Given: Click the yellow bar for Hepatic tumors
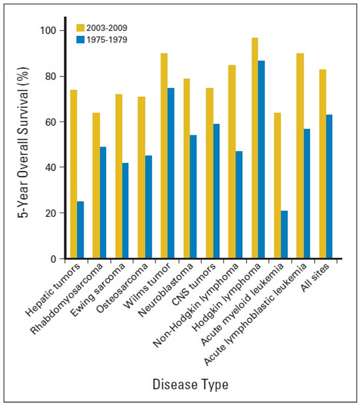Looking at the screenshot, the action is click(74, 174).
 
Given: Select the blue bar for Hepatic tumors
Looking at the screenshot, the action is click(81, 230).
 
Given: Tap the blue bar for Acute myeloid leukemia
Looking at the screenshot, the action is click(284, 234).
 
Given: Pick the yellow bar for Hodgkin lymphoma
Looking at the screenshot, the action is click(255, 148).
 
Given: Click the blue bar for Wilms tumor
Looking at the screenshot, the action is click(171, 173).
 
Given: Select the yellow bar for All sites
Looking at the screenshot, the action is click(323, 164).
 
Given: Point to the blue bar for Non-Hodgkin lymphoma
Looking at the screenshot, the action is click(239, 205).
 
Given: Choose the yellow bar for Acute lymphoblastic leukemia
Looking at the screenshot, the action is click(300, 156).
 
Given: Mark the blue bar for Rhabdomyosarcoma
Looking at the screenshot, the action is click(103, 203).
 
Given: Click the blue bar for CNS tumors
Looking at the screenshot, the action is click(216, 191).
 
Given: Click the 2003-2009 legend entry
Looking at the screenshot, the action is click(102, 28).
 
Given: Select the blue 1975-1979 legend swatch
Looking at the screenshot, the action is click(81, 40).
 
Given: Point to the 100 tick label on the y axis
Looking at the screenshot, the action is click(48, 30).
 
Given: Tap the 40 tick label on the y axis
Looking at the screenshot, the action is click(51, 167).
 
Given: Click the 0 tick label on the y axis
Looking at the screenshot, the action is click(53, 259).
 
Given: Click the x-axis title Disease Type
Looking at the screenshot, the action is click(190, 385).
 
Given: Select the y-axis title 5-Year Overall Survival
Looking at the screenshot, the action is click(23, 143).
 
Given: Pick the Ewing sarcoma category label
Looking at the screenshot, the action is click(98, 290).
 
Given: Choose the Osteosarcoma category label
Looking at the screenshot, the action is click(122, 288).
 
